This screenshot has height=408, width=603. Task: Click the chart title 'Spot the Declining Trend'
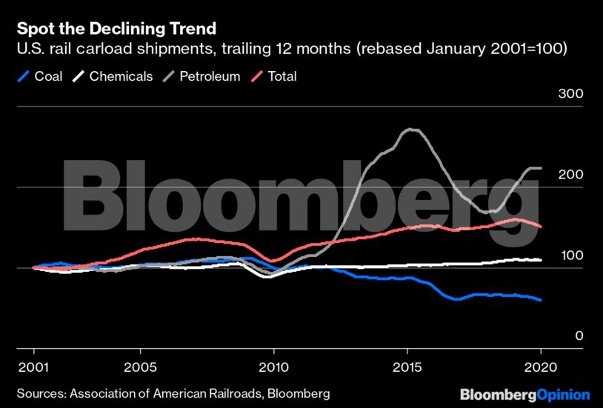(x=116, y=29)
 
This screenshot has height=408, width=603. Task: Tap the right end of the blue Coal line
(x=542, y=300)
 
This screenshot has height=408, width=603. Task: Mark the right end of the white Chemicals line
(x=542, y=260)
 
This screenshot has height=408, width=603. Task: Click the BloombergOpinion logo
(x=524, y=394)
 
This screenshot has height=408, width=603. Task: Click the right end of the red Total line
(x=542, y=227)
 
